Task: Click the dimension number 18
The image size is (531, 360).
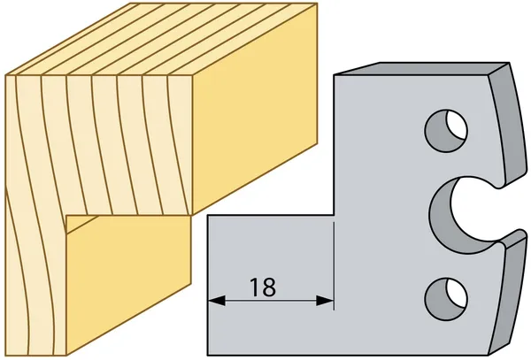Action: tap(263, 287)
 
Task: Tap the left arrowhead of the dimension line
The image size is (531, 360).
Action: tap(217, 300)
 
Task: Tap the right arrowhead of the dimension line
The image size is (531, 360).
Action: tap(325, 300)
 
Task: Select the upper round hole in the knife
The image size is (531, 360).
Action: tap(446, 131)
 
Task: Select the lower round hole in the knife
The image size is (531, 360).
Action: tap(446, 299)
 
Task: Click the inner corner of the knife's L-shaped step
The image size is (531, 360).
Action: tap(335, 216)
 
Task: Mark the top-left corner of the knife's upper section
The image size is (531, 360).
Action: tap(335, 75)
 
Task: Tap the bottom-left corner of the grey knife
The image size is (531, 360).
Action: tap(208, 356)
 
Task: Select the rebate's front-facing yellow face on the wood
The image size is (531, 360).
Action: tap(128, 287)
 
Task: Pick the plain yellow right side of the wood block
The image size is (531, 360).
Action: tap(255, 111)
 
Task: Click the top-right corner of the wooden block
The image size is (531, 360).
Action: tap(317, 4)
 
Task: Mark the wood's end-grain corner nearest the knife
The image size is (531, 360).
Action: tap(192, 214)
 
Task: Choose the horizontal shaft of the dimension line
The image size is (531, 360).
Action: tap(271, 300)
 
